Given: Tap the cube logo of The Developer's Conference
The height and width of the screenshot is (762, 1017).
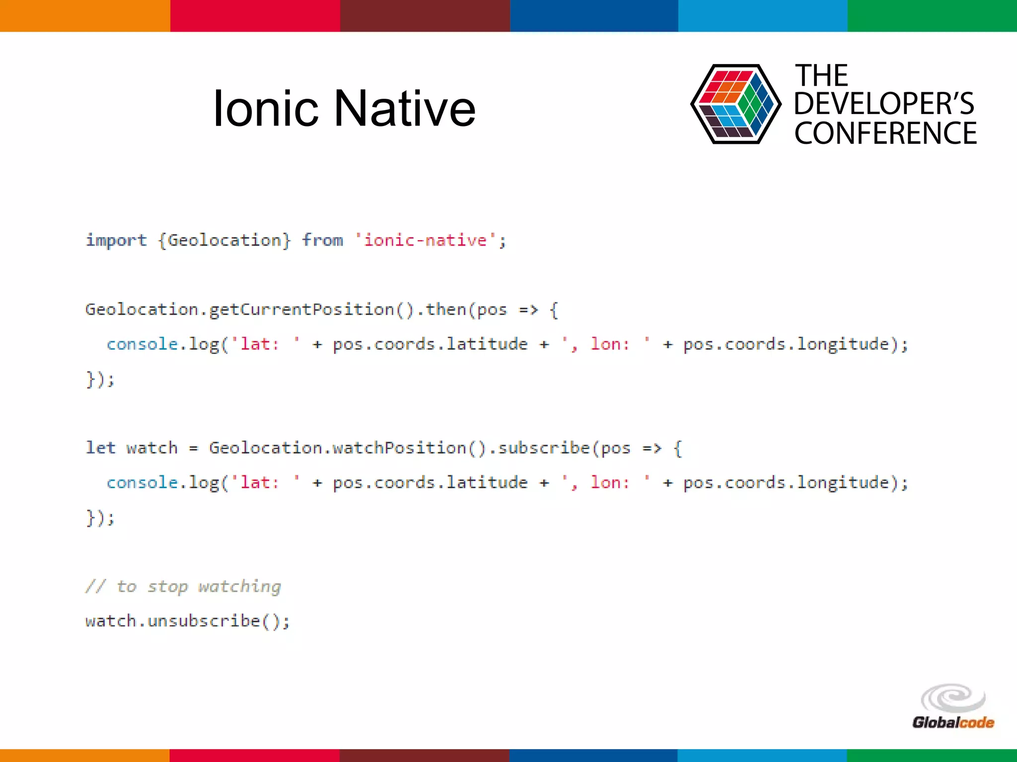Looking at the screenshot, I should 735,104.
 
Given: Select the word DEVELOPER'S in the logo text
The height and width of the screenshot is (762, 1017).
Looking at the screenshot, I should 884,104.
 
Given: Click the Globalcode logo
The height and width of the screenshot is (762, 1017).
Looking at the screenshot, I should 953,706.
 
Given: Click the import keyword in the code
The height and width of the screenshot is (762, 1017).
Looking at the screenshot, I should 116,241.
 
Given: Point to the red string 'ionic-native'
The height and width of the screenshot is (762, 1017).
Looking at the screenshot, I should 425,241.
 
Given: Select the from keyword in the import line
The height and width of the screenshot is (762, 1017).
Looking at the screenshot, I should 322,241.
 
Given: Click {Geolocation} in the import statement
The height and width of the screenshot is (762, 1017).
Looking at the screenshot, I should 224,241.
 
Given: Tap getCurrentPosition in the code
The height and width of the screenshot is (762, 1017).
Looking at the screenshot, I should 301,310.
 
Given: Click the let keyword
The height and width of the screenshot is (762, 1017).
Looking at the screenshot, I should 100,448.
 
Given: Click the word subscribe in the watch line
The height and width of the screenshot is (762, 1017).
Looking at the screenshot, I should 543,448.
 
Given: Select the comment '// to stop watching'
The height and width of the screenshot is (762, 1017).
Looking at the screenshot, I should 183,586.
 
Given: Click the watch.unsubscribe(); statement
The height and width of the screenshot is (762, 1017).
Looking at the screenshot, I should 187,621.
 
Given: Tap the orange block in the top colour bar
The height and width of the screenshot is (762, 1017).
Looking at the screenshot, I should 85,15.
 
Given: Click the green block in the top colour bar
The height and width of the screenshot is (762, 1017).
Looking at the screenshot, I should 932,15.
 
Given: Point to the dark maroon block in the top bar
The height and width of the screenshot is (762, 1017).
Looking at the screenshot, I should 425,15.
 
